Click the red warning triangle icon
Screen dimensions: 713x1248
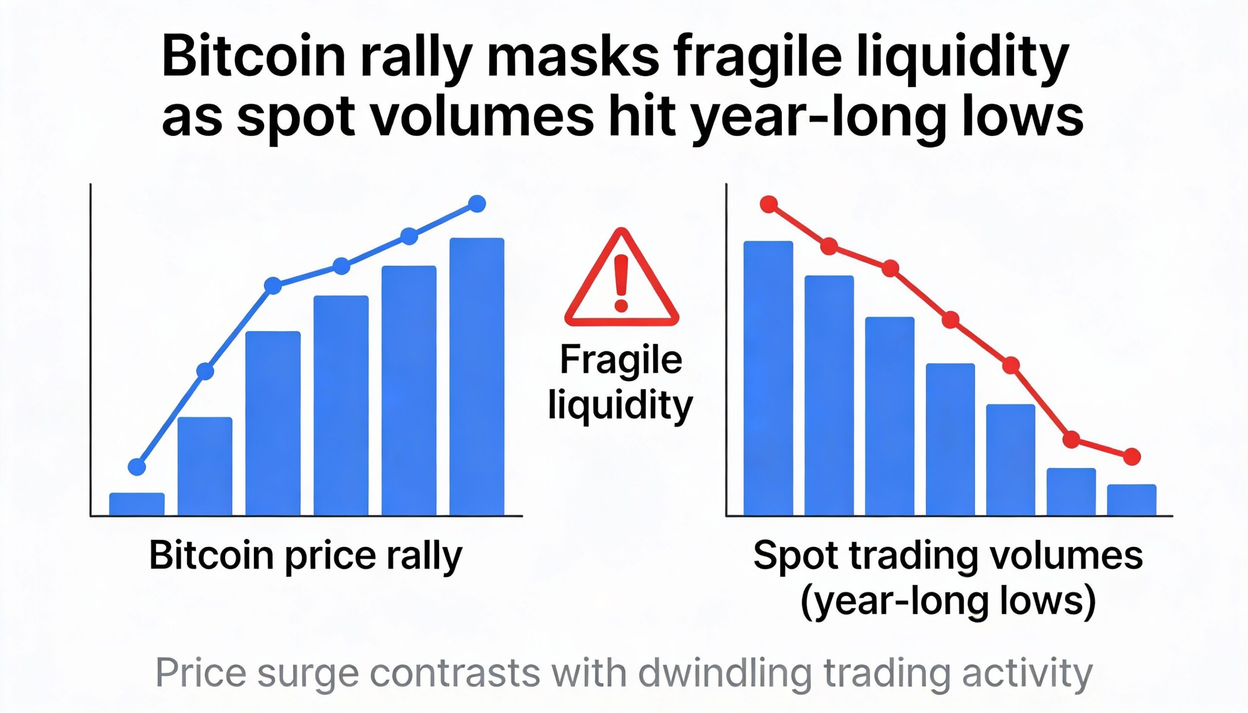(621, 279)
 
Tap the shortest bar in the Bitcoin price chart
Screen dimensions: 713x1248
(136, 504)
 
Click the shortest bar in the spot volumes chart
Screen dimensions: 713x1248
(1131, 500)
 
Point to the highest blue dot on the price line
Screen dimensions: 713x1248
(477, 203)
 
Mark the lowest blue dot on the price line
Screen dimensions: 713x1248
(136, 467)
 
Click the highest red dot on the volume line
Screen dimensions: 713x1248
(769, 204)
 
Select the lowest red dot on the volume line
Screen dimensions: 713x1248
(1131, 456)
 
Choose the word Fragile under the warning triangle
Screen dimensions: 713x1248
(621, 360)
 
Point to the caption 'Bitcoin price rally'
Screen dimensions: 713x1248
(306, 556)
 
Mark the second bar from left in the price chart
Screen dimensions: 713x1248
(205, 466)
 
